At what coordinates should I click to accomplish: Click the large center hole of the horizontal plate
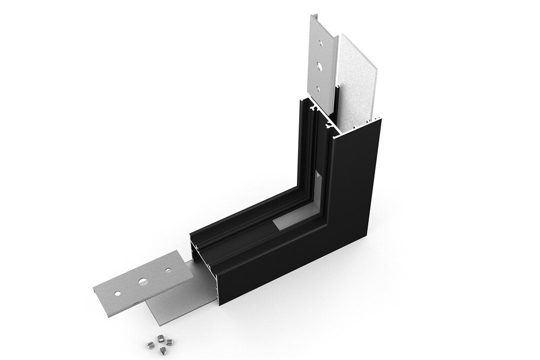[x=143, y=281]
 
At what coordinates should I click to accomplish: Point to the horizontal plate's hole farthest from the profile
[x=117, y=294]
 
